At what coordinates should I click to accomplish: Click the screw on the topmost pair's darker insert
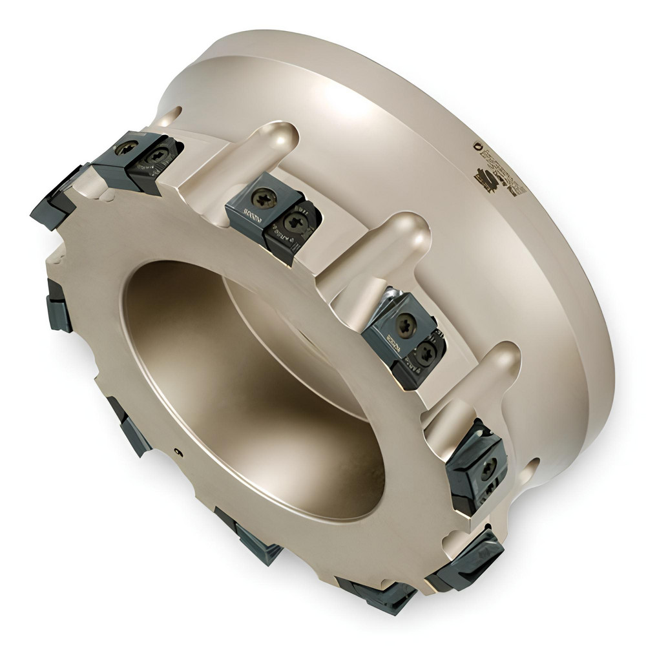pos(157,155)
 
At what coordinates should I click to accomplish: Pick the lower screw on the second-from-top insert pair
pos(296,224)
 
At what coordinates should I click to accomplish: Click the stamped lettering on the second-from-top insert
pos(249,213)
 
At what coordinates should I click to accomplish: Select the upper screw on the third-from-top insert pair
pos(404,325)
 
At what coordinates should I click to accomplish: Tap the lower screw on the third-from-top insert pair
pos(425,352)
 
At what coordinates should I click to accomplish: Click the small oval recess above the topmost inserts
pos(169,116)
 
